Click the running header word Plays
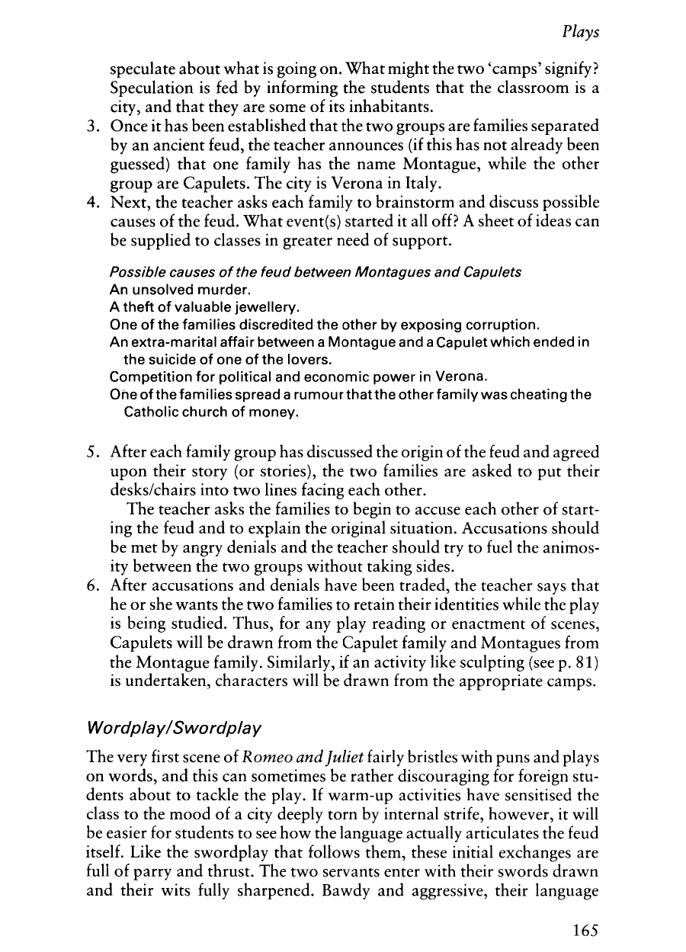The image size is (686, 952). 581,33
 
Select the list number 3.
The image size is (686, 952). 87,123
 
